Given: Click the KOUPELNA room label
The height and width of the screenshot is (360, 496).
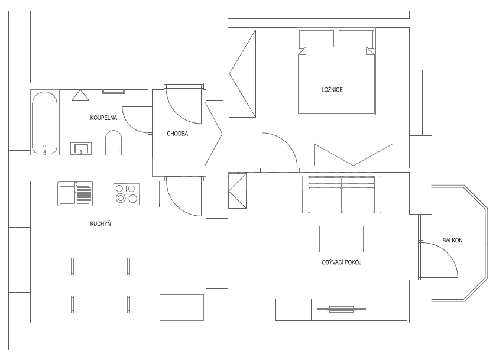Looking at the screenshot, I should pyautogui.click(x=103, y=118).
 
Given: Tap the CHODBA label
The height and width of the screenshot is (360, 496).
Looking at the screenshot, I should pyautogui.click(x=177, y=134).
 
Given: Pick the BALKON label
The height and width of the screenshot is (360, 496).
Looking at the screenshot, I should pyautogui.click(x=452, y=241).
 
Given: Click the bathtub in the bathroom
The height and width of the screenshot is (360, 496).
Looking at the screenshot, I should pyautogui.click(x=44, y=122).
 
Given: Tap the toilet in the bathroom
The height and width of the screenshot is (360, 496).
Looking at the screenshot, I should pyautogui.click(x=113, y=142).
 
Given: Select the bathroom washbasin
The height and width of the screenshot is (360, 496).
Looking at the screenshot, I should pyautogui.click(x=81, y=148).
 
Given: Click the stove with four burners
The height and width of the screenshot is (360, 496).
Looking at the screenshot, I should pyautogui.click(x=126, y=194).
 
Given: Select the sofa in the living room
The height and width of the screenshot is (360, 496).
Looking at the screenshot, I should pyautogui.click(x=342, y=194).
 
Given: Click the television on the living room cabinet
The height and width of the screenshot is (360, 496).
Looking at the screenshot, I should pyautogui.click(x=341, y=309).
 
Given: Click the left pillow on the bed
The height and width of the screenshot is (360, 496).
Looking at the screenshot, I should pyautogui.click(x=317, y=39).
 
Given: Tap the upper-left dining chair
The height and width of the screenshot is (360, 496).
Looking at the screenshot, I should pyautogui.click(x=80, y=266).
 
